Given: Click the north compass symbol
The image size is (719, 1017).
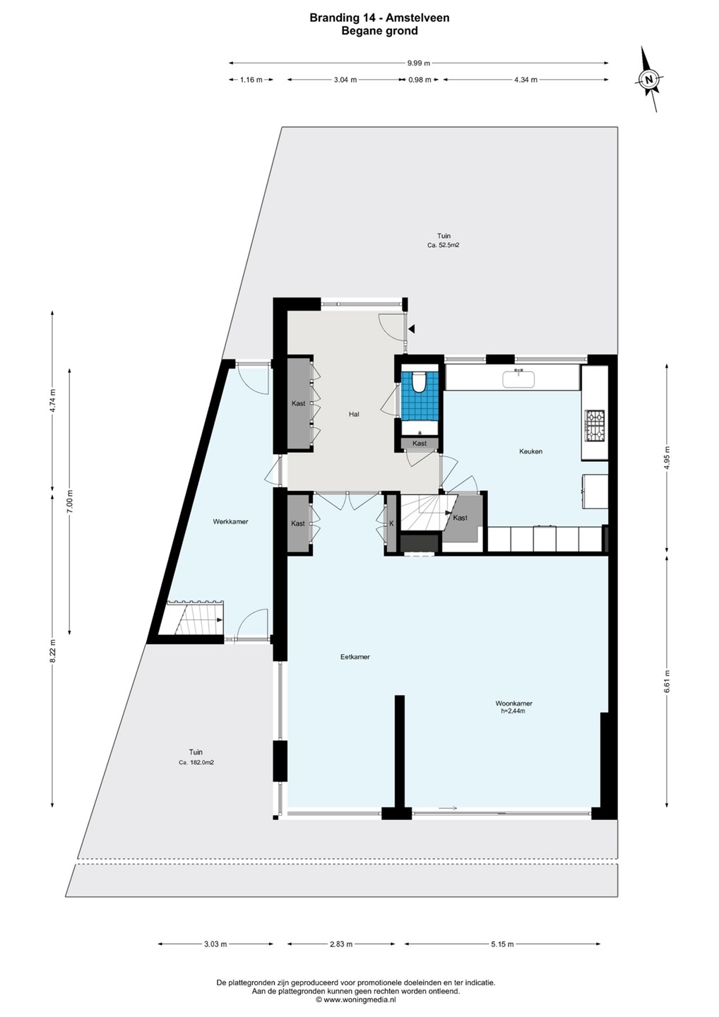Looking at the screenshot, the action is coord(649,79).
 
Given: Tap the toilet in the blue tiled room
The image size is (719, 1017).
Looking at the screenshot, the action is coord(418,381).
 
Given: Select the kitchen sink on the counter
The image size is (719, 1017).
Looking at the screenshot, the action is coord(519,379).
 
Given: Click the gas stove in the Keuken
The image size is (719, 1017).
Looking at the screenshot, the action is coord(596,425).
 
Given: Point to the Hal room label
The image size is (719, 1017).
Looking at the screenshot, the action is coord(354,414).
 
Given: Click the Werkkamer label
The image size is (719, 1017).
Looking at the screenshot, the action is coord(230,522).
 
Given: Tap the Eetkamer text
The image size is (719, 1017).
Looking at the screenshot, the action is coord(355,657).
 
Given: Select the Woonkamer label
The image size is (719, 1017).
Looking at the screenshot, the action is coord(513,703).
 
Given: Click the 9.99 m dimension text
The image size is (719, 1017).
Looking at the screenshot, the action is coord(420,64).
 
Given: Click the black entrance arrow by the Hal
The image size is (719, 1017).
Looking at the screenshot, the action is coord(412,329).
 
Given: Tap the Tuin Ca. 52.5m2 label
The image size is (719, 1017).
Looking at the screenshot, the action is coord(444,240).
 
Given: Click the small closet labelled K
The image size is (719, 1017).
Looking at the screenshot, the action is coord(391,523).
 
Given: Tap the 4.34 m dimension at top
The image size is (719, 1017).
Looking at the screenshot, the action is coord(525,80).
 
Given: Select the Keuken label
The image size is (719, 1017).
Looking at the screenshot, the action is coord(530,451).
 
